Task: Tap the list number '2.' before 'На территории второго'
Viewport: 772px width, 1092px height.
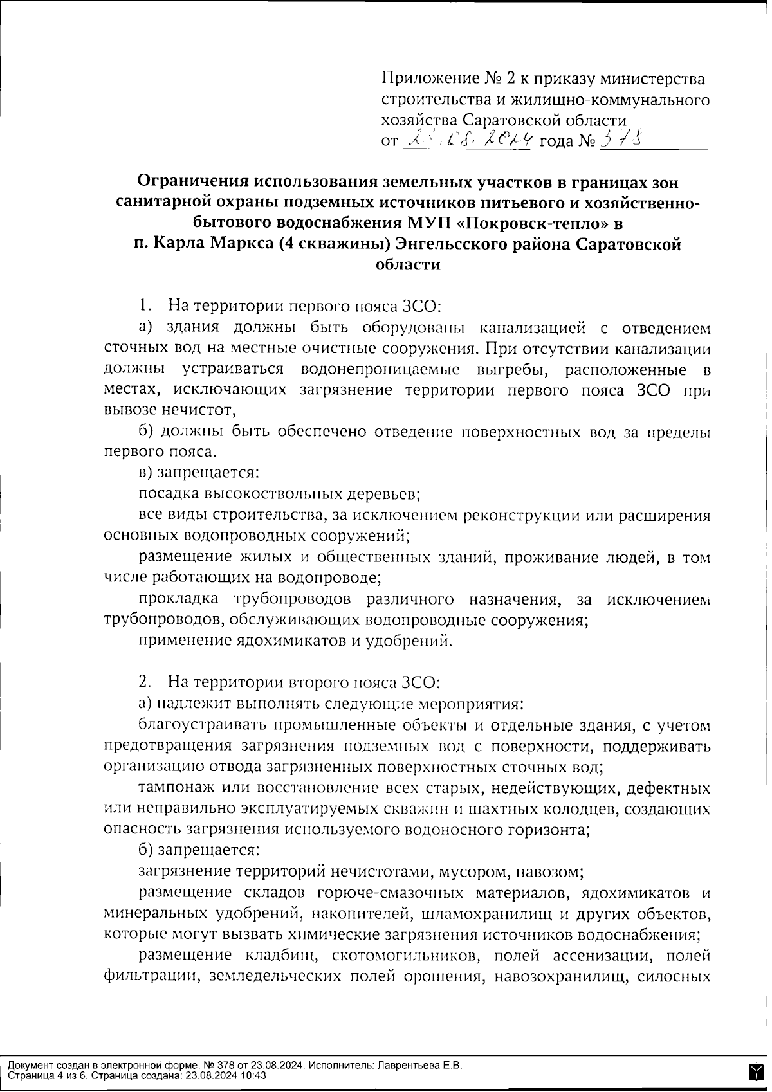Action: click(x=145, y=682)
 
